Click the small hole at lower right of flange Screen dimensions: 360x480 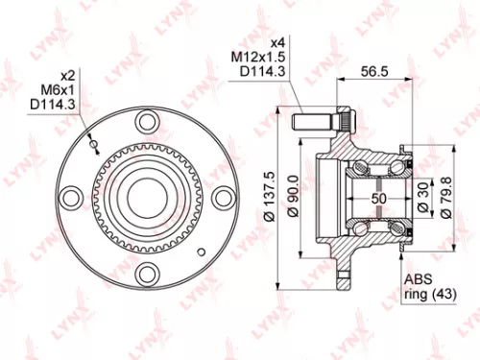click(200, 249)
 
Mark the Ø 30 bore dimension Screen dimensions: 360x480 click(423, 197)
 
